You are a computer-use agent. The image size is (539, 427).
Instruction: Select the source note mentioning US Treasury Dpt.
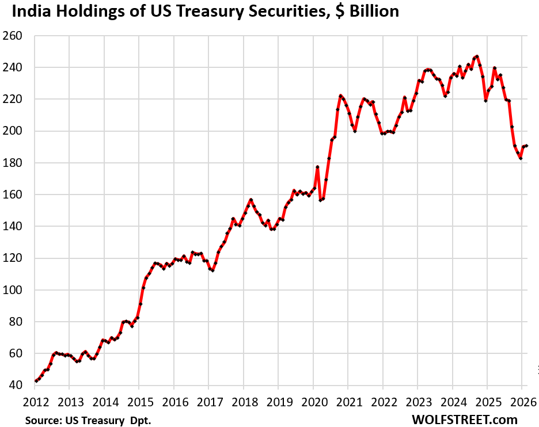88,420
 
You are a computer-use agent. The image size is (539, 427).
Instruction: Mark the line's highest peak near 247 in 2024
477,56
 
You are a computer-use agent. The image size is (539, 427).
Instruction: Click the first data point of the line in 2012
36,380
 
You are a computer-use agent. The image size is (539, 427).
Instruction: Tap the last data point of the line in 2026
526,146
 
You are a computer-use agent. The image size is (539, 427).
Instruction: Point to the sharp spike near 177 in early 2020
317,167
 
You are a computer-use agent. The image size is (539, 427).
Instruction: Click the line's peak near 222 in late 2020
340,96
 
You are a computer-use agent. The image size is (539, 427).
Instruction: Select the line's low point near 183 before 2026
521,158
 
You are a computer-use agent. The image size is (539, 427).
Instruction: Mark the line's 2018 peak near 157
251,200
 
